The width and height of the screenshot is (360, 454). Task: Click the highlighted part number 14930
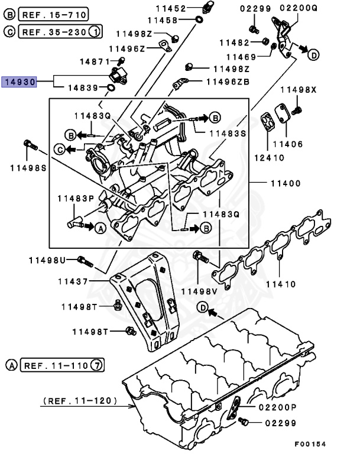(20, 82)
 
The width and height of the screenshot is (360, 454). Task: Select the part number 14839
(83, 88)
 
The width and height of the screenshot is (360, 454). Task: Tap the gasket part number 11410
(280, 284)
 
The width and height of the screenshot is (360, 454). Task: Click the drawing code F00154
(310, 444)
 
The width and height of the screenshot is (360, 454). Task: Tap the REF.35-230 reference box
(53, 30)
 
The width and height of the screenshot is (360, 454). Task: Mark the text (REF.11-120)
(86, 401)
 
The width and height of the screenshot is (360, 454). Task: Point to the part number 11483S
(226, 134)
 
